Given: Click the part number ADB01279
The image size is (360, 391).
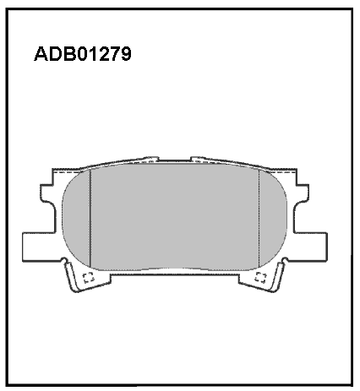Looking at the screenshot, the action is click(x=83, y=54).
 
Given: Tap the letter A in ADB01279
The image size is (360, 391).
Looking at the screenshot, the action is click(x=41, y=54).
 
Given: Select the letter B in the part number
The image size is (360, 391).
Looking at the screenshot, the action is click(x=68, y=54).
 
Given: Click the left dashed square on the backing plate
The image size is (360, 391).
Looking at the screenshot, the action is click(x=89, y=278).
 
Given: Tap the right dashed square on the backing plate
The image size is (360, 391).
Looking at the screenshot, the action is click(x=260, y=278).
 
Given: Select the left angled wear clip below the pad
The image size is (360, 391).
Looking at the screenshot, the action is click(x=71, y=276).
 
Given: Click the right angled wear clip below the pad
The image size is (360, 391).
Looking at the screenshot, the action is click(x=278, y=276).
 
